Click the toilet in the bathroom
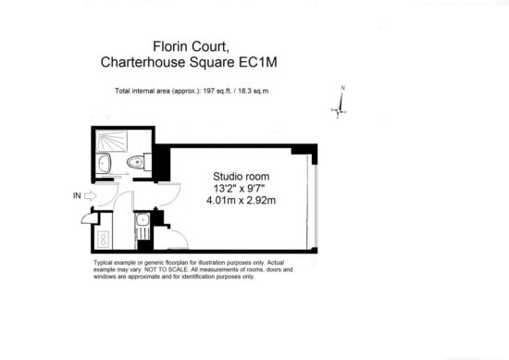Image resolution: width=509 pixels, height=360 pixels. [139, 162]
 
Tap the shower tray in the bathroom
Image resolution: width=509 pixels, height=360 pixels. [112, 141]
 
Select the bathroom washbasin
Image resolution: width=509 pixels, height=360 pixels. [104, 163]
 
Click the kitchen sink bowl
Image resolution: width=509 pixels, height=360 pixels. [143, 219]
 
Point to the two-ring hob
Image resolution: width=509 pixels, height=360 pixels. [104, 240]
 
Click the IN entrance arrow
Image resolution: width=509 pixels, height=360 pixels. [91, 196]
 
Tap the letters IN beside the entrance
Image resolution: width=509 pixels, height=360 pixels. [77, 196]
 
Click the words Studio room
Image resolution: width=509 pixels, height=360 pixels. [242, 177]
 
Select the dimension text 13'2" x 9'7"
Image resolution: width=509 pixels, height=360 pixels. [239, 188]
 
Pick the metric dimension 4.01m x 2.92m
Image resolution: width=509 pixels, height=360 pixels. [242, 200]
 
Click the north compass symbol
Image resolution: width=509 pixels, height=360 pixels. [340, 103]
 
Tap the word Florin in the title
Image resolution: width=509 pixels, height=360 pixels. [170, 46]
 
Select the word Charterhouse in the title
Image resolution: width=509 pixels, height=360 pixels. [143, 62]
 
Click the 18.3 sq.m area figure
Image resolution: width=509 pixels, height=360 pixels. [254, 91]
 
